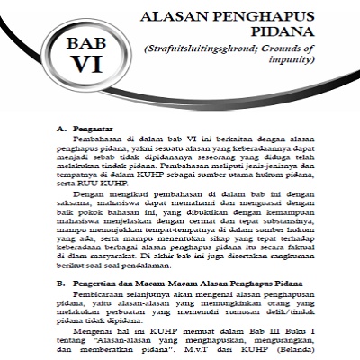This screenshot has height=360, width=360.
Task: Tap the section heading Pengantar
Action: [93, 128]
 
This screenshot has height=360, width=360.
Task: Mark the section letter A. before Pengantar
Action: [61, 128]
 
